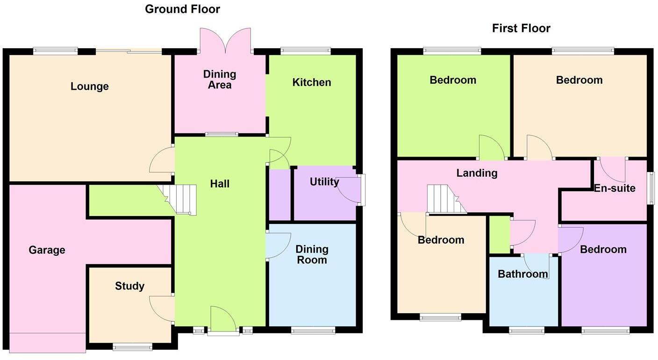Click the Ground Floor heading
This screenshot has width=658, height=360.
(x=182, y=9)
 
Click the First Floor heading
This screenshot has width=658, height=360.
(x=521, y=29)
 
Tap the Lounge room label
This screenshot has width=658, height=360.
(x=90, y=86)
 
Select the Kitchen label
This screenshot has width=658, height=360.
(x=312, y=83)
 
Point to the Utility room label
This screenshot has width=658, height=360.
(x=324, y=182)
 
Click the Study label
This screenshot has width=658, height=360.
(x=129, y=286)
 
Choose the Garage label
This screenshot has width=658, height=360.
(x=47, y=250)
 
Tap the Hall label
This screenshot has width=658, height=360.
(x=220, y=184)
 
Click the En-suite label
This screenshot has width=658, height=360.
(x=615, y=188)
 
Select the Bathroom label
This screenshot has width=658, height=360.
(x=522, y=274)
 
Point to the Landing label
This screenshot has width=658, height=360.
(x=477, y=173)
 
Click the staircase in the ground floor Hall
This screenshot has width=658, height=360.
(x=180, y=199)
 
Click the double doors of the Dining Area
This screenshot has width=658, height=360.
(x=226, y=41)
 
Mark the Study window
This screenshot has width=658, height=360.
(x=132, y=346)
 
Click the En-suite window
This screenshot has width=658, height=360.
(x=650, y=188)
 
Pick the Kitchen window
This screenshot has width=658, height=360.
(x=306, y=50)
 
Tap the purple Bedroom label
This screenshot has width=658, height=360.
(x=603, y=249)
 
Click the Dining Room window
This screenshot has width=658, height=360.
(x=313, y=331)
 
